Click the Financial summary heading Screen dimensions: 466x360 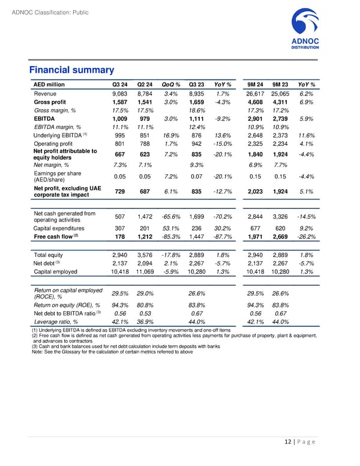click(71, 70)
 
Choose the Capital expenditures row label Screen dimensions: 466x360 click(64, 228)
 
